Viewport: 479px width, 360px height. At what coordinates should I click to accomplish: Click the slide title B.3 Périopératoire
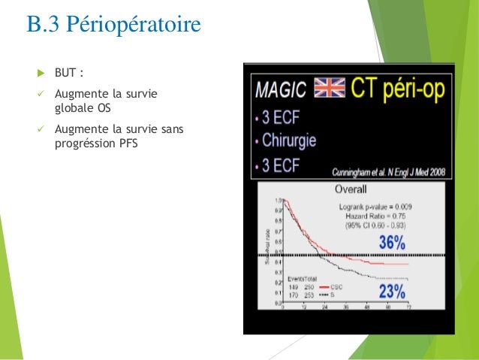pyautogui.click(x=113, y=25)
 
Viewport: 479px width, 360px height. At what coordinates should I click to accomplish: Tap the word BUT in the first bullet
pyautogui.click(x=66, y=73)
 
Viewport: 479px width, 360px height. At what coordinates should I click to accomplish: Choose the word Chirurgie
pyautogui.click(x=288, y=141)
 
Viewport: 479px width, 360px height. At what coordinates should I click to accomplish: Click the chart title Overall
pyautogui.click(x=351, y=189)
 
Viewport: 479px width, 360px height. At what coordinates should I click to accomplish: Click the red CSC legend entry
pyautogui.click(x=328, y=286)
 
